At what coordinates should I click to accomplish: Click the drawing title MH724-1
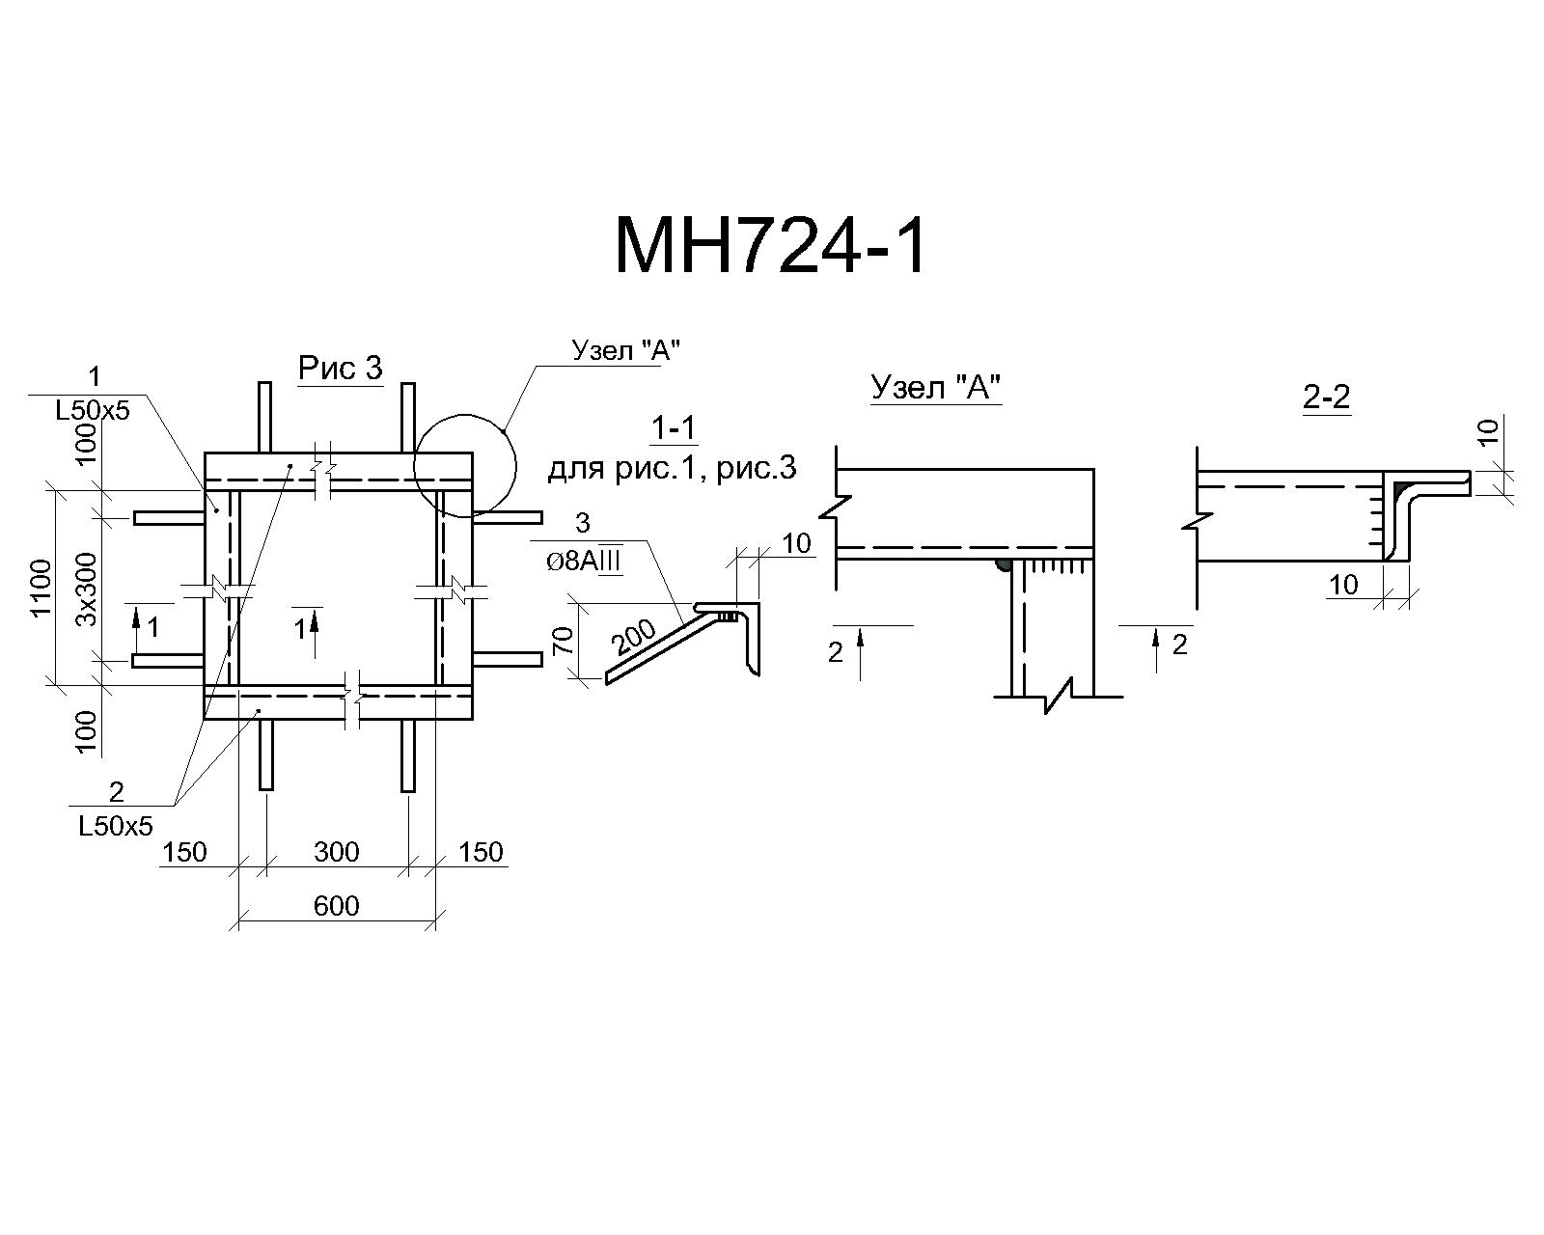[771, 247]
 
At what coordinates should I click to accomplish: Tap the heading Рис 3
[340, 369]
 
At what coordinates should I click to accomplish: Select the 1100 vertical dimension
[42, 587]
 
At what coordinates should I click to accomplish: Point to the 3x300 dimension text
[86, 589]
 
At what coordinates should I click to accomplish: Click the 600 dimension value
[337, 906]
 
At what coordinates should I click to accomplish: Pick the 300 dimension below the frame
[337, 852]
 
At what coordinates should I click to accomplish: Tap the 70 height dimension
[564, 640]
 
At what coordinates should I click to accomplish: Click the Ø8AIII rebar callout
[583, 562]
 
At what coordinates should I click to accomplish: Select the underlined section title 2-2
[1327, 397]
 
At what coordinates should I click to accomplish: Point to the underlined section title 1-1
[673, 428]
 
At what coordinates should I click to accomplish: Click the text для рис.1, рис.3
[673, 469]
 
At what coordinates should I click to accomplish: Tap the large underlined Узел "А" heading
[936, 387]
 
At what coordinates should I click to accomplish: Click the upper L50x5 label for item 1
[93, 410]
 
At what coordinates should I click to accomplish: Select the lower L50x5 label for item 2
[116, 826]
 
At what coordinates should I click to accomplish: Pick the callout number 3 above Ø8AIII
[583, 523]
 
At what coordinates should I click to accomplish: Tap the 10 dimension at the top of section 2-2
[1489, 431]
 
